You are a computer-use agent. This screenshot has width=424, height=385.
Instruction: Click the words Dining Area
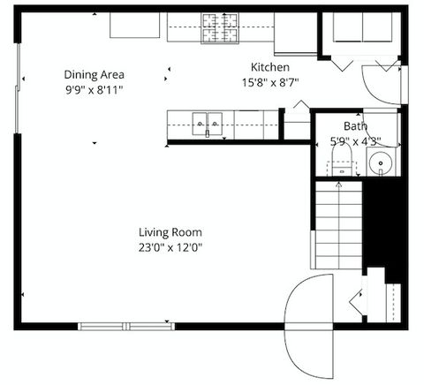93,74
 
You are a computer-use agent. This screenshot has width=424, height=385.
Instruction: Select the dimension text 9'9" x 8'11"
93,89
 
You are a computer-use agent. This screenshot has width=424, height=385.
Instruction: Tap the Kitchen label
269,67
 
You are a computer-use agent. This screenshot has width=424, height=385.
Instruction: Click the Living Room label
170,232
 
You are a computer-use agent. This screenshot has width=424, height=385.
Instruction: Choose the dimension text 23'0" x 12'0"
170,247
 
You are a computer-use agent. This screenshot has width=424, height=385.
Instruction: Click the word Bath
343,126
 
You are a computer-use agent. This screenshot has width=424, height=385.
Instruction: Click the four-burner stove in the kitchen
220,28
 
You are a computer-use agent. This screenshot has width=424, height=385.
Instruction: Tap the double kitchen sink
207,125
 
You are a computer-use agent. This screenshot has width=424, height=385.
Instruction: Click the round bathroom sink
380,162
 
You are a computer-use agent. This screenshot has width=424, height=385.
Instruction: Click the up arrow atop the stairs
339,185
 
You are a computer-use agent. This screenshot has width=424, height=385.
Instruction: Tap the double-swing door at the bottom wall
309,325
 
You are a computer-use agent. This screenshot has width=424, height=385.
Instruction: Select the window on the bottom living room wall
126,326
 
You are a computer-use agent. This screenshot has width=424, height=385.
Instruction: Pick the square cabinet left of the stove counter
134,25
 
